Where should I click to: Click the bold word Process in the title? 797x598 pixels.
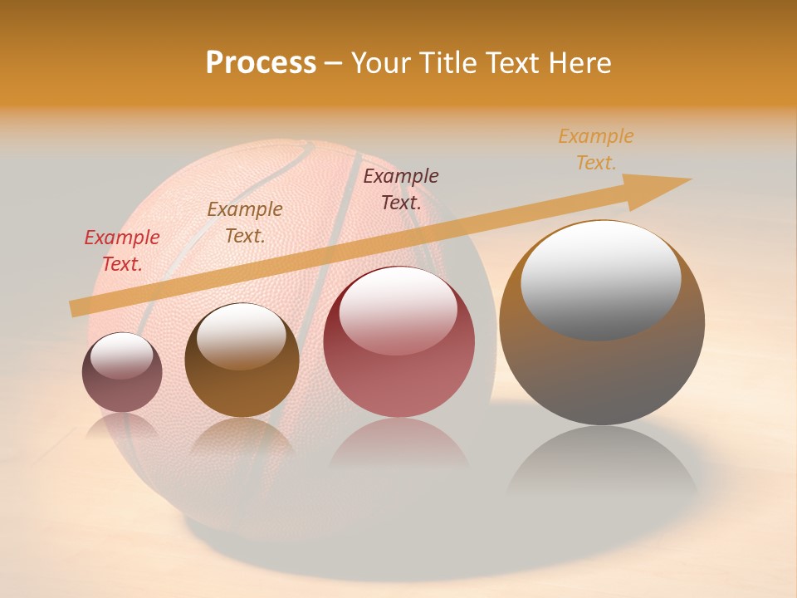(x=261, y=63)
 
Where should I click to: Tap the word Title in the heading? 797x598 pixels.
(x=448, y=63)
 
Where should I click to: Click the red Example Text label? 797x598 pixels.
(x=122, y=251)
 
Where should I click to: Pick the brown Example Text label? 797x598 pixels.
(x=245, y=223)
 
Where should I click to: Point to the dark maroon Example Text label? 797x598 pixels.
(x=401, y=189)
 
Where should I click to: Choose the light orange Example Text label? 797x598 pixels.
(x=596, y=149)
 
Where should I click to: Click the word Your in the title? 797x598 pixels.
(x=382, y=63)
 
